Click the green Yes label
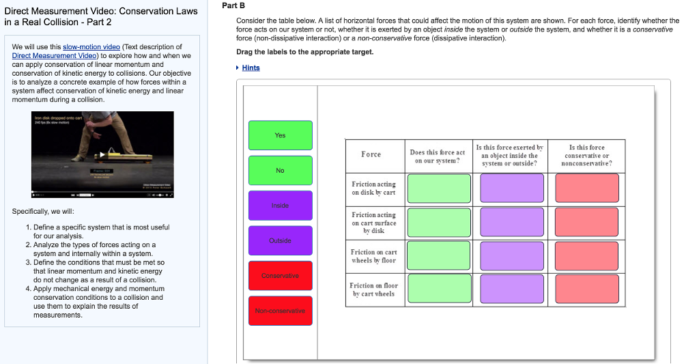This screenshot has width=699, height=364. pyautogui.click(x=280, y=135)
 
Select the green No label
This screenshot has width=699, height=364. pyautogui.click(x=280, y=170)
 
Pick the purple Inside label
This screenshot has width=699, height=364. pyautogui.click(x=280, y=206)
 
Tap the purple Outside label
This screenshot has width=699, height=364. pyautogui.click(x=280, y=240)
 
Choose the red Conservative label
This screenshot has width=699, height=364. pyautogui.click(x=280, y=275)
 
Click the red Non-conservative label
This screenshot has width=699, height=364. pyautogui.click(x=280, y=311)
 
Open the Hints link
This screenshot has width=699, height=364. pyautogui.click(x=251, y=68)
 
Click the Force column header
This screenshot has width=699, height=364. pyautogui.click(x=371, y=154)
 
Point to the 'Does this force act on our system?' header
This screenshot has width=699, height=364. pyautogui.click(x=437, y=156)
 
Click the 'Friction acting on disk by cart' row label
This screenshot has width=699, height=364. pyautogui.click(x=373, y=188)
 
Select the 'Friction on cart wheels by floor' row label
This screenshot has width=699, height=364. pyautogui.click(x=373, y=256)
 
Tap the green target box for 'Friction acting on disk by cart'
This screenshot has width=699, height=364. pyautogui.click(x=439, y=188)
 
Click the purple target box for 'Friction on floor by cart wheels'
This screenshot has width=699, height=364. pyautogui.click(x=512, y=289)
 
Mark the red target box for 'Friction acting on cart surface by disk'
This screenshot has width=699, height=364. pyautogui.click(x=586, y=223)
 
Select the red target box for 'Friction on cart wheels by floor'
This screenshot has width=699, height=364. pyautogui.click(x=586, y=256)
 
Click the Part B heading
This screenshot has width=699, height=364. pyautogui.click(x=229, y=5)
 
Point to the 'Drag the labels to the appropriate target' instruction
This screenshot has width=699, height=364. pyautogui.click(x=304, y=52)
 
